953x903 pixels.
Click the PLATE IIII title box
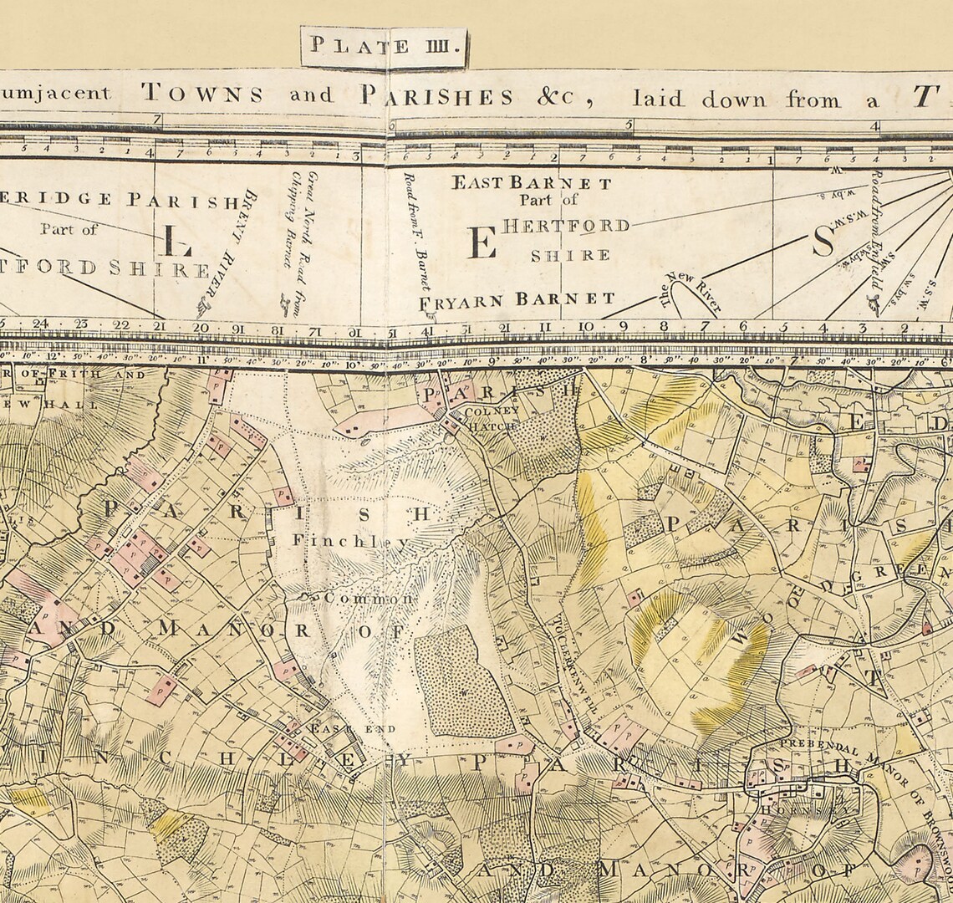(384, 47)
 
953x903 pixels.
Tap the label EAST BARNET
(532, 183)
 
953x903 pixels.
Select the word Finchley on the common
(351, 541)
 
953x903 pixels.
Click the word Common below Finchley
(368, 599)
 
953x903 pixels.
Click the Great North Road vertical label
(303, 242)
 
